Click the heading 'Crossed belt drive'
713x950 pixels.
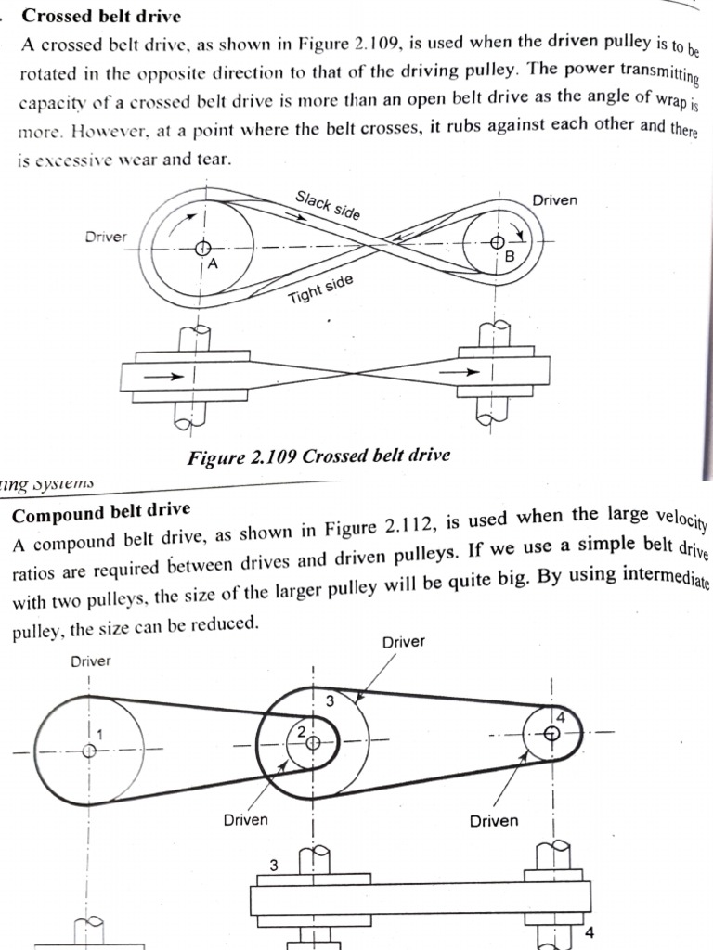click(101, 16)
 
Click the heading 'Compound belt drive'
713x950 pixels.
click(101, 512)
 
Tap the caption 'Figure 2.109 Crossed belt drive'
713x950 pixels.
click(318, 456)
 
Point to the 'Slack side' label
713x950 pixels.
click(328, 205)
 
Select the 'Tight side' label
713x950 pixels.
click(320, 289)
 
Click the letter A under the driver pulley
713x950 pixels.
click(212, 264)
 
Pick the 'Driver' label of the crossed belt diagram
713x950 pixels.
click(106, 237)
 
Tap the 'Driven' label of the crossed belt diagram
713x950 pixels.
click(555, 199)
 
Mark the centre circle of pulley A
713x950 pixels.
click(201, 248)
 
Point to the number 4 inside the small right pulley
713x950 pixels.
click(560, 717)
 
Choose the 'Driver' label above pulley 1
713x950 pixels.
click(90, 661)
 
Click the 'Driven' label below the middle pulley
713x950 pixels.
click(245, 819)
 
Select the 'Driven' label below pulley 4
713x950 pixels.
click(494, 821)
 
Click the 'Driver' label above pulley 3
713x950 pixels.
click(403, 642)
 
